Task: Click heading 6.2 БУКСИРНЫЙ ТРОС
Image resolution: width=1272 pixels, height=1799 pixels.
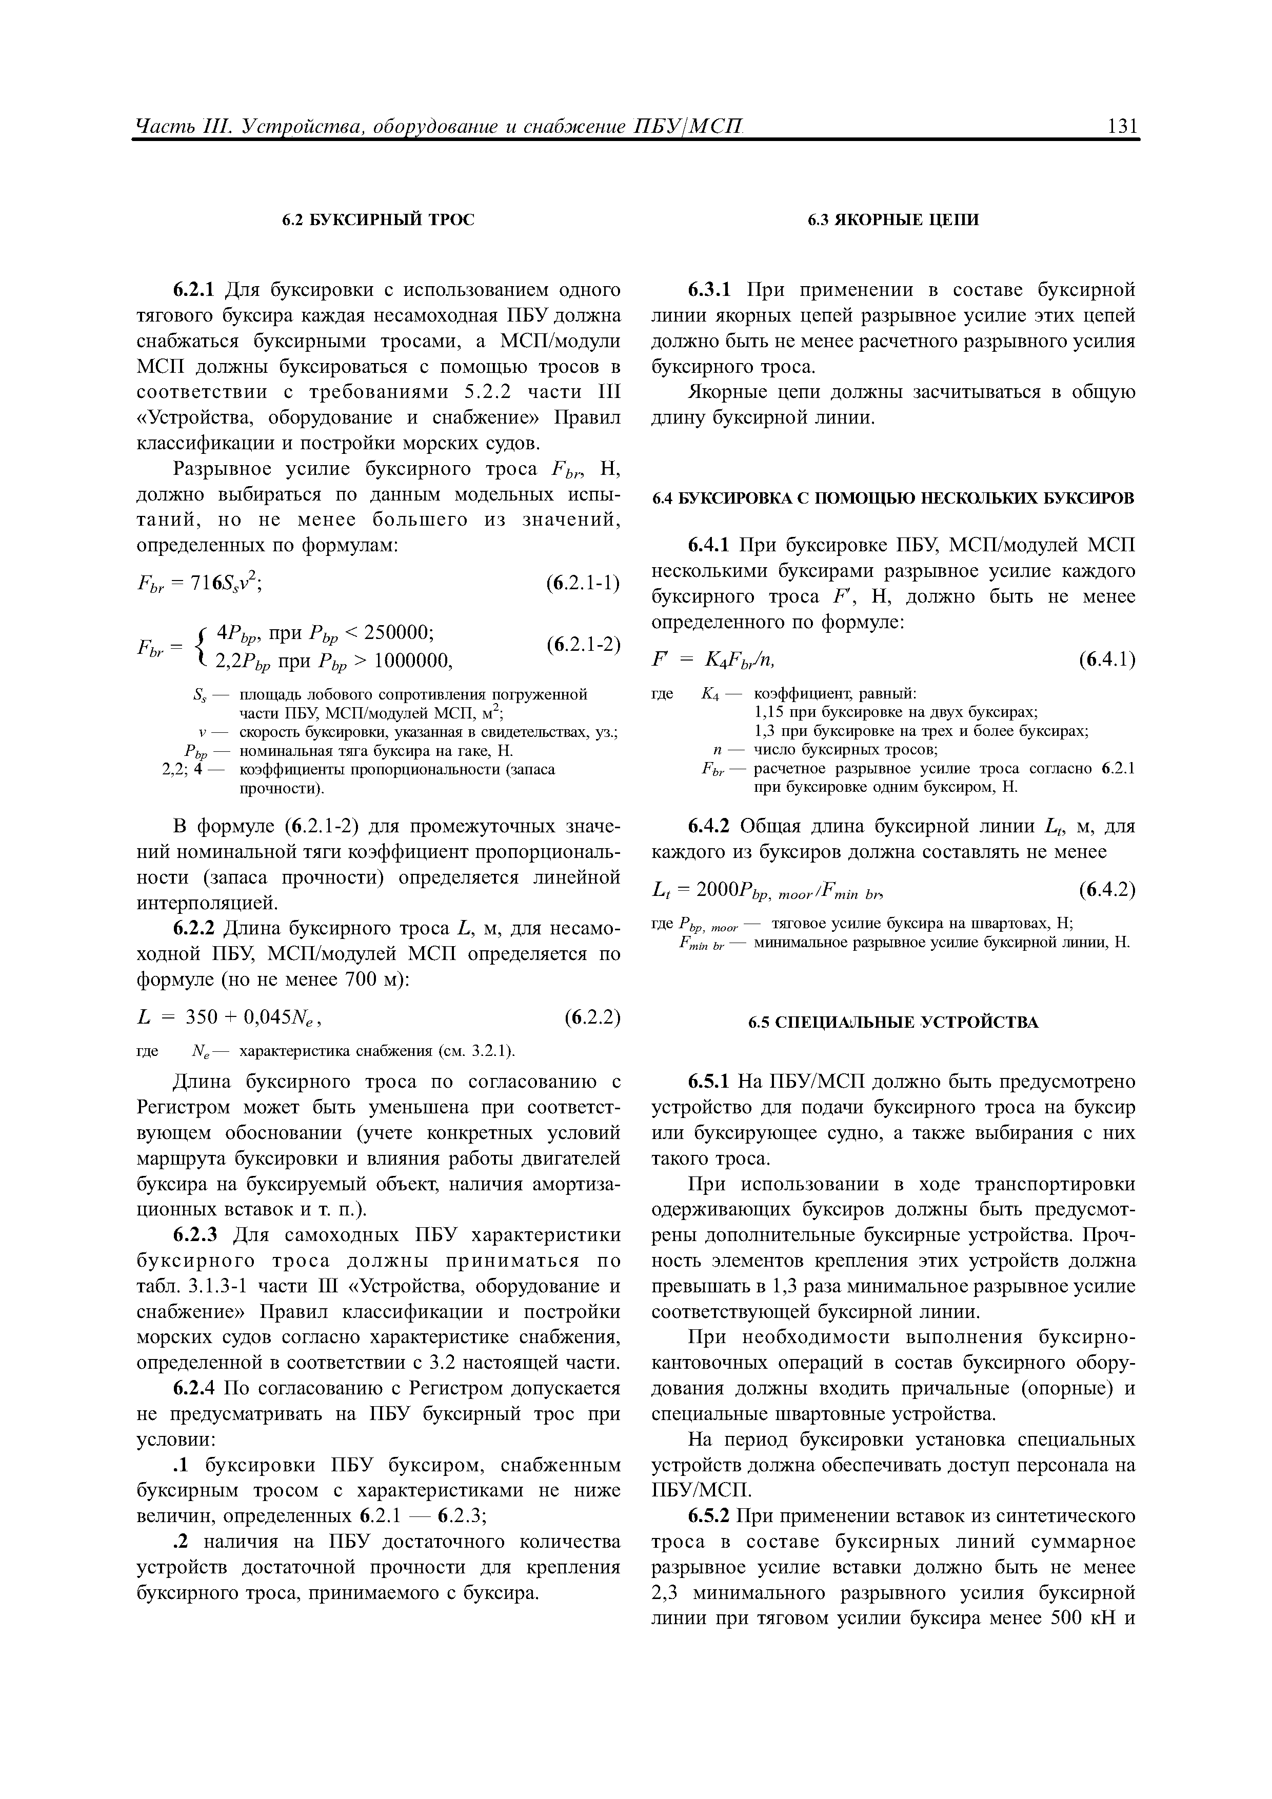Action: click(379, 220)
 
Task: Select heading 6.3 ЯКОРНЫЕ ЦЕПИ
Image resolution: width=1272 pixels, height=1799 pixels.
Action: click(893, 220)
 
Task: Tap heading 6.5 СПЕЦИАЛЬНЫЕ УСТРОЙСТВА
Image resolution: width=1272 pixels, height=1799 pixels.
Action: click(893, 1023)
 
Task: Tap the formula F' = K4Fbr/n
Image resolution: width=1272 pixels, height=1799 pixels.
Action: click(714, 659)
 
